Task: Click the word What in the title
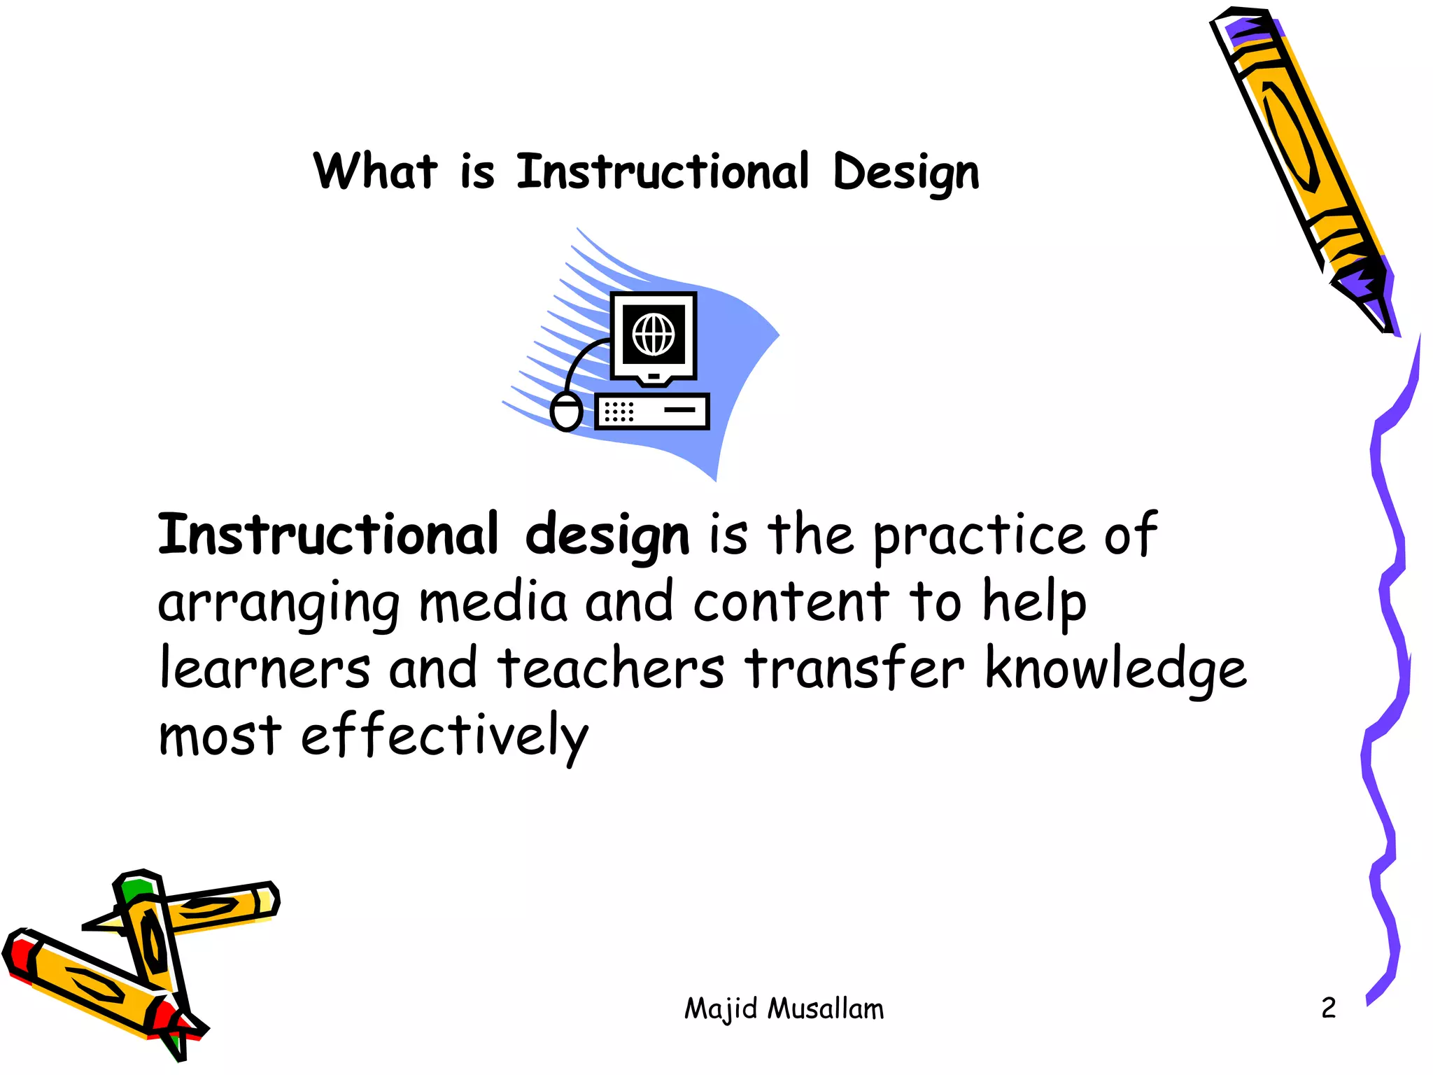pos(375,172)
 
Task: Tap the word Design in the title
pos(906,174)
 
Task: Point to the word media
pos(493,603)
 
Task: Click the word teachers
pos(611,669)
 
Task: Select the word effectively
pos(445,736)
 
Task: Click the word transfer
pos(854,669)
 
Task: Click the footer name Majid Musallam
pos(784,1009)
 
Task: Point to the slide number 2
pos(1328,1008)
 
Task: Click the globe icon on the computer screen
pos(654,335)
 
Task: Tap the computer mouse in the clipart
pos(566,412)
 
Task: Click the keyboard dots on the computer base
pos(619,412)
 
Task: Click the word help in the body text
pos(1034,603)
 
